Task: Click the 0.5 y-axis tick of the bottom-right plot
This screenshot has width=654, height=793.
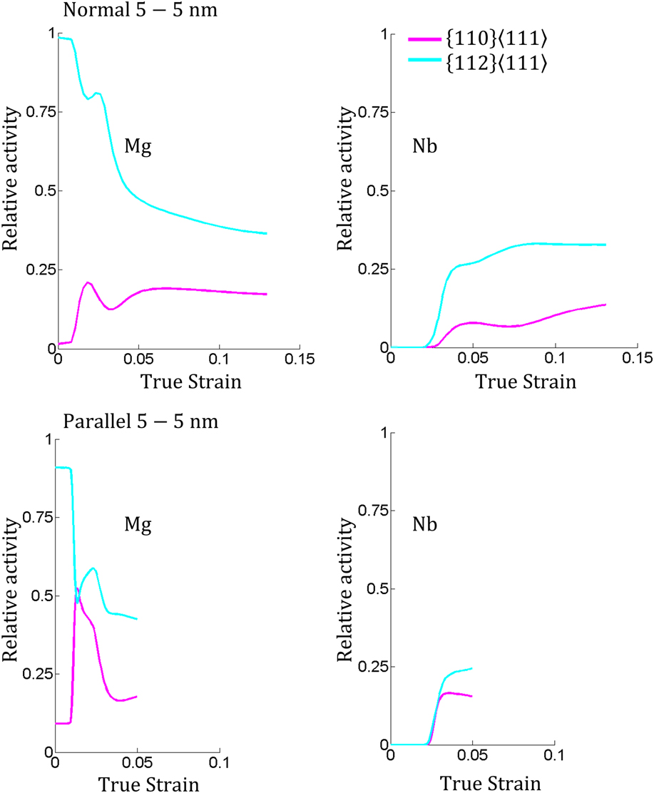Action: [x=377, y=589]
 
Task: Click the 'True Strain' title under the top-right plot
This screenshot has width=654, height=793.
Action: [x=526, y=382]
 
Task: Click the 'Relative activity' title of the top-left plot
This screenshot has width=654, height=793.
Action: [x=12, y=191]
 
